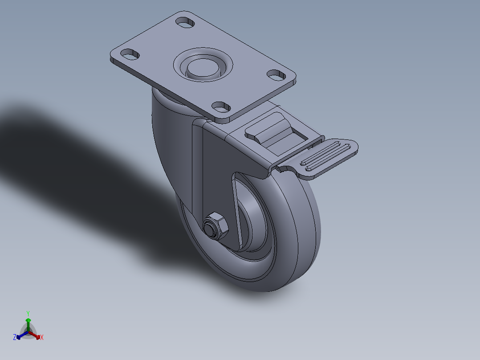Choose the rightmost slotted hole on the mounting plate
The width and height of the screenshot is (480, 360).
coord(278,74)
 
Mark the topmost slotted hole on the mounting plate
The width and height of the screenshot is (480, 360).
coord(185,21)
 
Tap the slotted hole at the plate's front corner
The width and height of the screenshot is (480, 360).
coord(221,106)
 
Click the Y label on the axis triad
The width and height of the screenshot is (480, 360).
coord(28,313)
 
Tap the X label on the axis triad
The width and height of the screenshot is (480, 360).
coord(42,338)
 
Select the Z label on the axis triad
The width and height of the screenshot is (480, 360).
coord(15,338)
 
